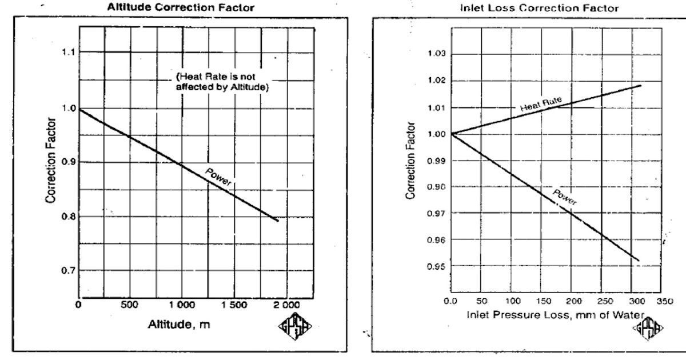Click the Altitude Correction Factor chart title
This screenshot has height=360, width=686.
180,8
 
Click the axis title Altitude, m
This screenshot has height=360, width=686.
173,325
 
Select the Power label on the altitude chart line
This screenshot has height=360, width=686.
218,178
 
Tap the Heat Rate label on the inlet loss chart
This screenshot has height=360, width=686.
541,103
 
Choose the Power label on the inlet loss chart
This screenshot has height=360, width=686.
565,197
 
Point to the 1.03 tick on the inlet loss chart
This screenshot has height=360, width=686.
437,54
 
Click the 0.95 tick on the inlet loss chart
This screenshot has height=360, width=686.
437,266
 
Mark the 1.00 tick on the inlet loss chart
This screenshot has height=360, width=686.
437,134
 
